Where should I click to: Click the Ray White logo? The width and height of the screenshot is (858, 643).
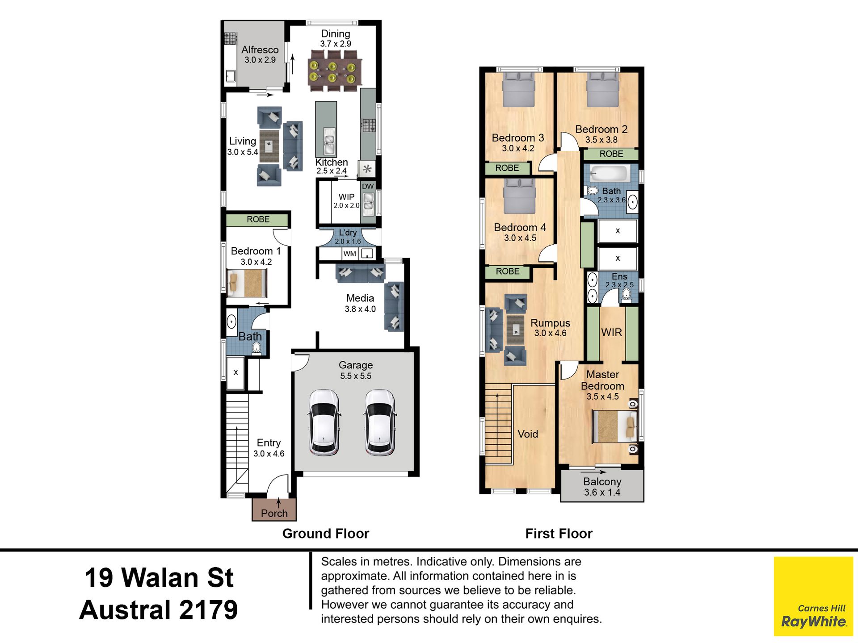point(813,596)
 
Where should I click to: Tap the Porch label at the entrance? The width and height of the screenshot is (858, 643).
point(274,513)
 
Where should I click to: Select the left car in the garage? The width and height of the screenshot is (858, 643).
point(324,422)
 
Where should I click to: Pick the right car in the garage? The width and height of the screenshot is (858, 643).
point(379,422)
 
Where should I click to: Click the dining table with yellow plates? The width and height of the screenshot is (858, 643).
point(334,71)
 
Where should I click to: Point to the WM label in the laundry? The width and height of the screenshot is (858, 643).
point(350,254)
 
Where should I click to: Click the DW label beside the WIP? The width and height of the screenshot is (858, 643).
point(368,186)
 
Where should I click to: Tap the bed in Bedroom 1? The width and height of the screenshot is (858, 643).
point(247,283)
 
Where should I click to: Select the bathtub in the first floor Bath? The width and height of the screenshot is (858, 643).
point(608,173)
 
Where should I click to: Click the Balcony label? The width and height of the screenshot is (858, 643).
point(602,481)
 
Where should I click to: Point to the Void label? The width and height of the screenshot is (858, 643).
point(528,434)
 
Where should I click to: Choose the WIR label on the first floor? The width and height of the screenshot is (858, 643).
point(611,332)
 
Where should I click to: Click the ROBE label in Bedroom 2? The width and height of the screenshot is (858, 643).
point(611,154)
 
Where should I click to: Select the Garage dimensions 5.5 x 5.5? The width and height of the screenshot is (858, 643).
point(356,376)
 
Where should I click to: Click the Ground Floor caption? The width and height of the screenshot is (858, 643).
point(326,534)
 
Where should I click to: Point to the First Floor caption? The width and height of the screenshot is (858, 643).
point(559,534)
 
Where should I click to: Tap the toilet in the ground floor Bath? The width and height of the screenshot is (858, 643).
point(257,348)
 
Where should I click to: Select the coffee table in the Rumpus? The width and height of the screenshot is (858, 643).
point(515,330)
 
